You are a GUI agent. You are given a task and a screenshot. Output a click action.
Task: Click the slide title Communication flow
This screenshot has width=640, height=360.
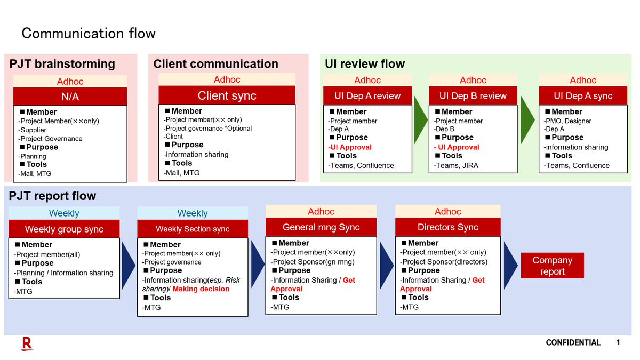click(x=89, y=33)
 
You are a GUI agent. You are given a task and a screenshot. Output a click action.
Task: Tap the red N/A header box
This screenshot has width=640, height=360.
click(x=70, y=97)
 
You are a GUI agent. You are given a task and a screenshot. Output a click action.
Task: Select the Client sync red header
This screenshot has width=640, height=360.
click(x=227, y=95)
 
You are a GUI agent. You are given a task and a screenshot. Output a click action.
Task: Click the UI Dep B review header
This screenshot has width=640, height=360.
click(x=473, y=95)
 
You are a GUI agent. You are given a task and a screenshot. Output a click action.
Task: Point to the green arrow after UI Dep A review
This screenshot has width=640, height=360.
click(x=420, y=120)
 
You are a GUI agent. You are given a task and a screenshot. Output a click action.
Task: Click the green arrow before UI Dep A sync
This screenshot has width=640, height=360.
click(x=527, y=120)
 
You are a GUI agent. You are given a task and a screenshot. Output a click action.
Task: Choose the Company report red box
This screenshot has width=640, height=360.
click(x=553, y=266)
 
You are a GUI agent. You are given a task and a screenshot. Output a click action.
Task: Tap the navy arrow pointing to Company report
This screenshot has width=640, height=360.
click(x=510, y=266)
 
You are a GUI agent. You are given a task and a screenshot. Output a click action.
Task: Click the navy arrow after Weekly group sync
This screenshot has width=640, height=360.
click(x=129, y=266)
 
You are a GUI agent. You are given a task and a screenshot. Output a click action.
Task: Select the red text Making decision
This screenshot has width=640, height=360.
click(x=201, y=289)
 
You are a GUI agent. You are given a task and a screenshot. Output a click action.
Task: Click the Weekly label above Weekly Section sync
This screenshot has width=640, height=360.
click(x=193, y=213)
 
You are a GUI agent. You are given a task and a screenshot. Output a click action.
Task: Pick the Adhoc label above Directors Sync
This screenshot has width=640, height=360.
click(x=447, y=211)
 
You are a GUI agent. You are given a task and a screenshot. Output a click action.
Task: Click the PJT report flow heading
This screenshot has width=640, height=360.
click(x=52, y=196)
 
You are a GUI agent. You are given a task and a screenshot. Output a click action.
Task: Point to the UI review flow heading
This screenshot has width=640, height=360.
click(x=365, y=63)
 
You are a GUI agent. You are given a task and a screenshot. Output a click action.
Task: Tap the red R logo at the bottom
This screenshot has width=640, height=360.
click(x=27, y=343)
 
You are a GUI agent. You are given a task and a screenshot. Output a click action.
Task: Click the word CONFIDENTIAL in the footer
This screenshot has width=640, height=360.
click(x=573, y=342)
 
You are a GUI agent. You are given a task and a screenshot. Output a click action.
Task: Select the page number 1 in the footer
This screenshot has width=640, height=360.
click(x=618, y=342)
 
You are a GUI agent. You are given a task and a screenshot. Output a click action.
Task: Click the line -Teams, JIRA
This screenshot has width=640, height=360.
click(x=456, y=165)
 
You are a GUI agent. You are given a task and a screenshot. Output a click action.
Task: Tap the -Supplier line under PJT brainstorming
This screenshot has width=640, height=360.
click(x=33, y=130)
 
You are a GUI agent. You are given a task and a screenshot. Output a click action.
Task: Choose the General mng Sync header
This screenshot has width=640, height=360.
click(x=321, y=227)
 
